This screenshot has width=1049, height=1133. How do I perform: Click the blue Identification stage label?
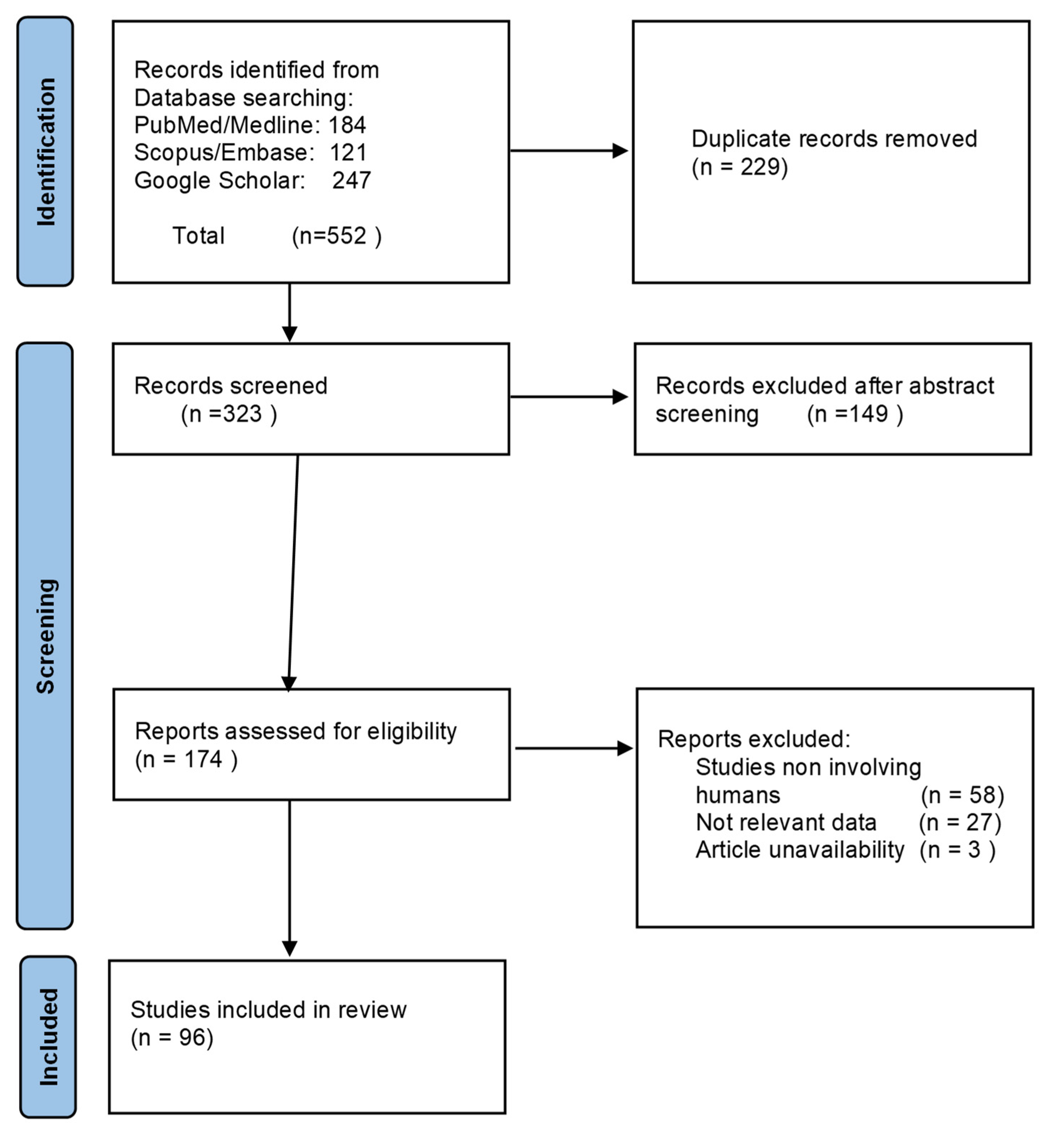pos(45,152)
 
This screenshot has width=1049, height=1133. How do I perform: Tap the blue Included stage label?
pos(48,1037)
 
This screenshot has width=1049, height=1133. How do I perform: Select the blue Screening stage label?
pos(45,636)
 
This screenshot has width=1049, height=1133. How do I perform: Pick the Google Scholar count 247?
pos(351,181)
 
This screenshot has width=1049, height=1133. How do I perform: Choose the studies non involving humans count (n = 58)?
pos(962,795)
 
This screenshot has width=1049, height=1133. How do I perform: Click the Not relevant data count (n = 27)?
pos(960,822)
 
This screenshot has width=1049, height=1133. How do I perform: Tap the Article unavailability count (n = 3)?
pos(958,850)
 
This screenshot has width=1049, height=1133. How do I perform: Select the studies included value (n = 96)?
pos(172,1038)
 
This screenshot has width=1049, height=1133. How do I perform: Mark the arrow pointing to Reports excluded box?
pos(573,749)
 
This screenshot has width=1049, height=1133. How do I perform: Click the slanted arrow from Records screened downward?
pos(293,574)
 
